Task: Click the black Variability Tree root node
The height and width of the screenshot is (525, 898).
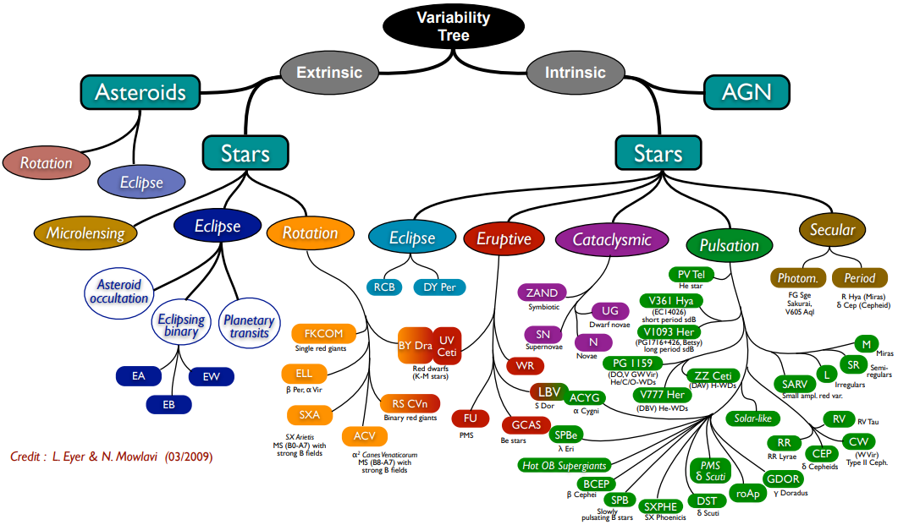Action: point(453,25)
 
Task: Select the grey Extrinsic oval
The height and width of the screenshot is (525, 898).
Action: point(329,73)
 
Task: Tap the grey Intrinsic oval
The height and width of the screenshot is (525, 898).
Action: point(575,73)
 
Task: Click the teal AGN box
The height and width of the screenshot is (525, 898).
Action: point(746,92)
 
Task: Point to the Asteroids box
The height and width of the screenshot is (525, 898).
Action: point(140,92)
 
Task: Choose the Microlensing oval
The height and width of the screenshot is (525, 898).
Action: point(85,232)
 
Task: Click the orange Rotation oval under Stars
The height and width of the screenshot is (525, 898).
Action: point(311,232)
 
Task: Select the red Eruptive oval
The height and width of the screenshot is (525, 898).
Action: point(504,238)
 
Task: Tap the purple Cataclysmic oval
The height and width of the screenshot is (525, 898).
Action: point(612,239)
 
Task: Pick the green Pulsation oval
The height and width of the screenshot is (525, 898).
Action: point(729,245)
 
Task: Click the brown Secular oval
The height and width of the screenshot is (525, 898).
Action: point(832,229)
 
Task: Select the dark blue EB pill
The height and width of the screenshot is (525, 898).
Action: point(168,404)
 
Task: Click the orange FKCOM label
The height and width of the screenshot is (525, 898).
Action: point(323,333)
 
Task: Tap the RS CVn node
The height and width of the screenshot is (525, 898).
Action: point(410,404)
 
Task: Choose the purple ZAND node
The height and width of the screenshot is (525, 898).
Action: point(542,293)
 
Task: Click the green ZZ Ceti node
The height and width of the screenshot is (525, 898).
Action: point(713,375)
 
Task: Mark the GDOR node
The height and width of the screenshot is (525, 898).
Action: point(783,479)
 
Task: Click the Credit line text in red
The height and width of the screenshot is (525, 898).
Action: point(111,457)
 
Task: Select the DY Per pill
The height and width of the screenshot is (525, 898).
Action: point(439,287)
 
